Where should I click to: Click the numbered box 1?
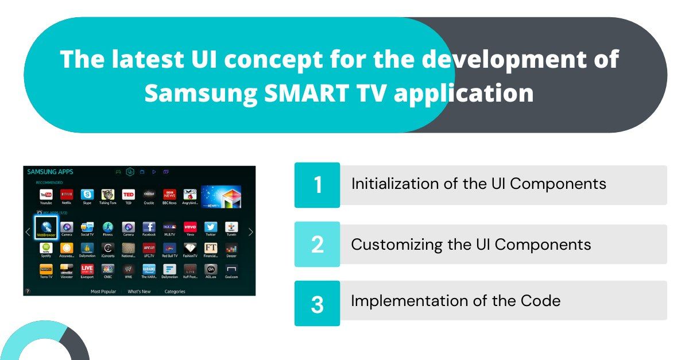click(317, 185)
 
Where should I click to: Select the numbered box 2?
click(317, 244)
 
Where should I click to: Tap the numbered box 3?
click(317, 303)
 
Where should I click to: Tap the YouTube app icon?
click(46, 195)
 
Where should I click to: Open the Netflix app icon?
click(67, 195)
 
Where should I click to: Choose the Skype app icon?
click(87, 195)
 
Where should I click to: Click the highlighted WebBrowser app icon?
click(46, 226)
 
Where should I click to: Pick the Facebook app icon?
click(149, 227)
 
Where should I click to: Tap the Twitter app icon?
click(211, 227)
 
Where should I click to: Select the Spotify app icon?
click(46, 248)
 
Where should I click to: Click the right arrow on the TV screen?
click(250, 232)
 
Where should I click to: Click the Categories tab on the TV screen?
click(175, 292)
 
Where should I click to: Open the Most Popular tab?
click(103, 292)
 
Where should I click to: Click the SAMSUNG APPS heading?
click(51, 172)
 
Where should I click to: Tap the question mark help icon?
click(27, 292)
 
